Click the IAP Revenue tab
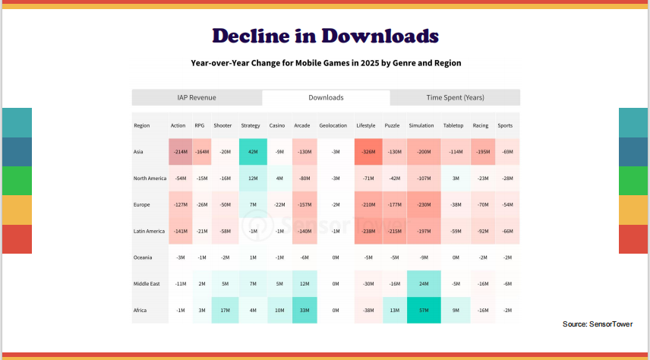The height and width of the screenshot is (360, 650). [197, 97]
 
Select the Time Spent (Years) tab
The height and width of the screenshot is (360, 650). [455, 97]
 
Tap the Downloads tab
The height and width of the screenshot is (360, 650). [326, 97]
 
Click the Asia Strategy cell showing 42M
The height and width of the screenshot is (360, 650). [251, 152]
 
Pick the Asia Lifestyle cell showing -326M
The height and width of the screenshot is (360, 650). [368, 152]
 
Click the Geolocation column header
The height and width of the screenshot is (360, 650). [333, 125]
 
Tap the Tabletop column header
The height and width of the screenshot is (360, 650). [453, 125]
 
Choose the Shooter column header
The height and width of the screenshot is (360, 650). [222, 125]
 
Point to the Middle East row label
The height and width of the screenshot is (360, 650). [146, 284]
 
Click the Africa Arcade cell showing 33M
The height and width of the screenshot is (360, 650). [304, 311]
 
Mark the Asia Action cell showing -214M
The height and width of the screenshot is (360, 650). [180, 152]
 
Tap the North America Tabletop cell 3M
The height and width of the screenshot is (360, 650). [455, 178]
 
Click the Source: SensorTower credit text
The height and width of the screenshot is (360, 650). [596, 324]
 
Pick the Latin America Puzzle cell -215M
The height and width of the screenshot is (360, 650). [393, 232]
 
